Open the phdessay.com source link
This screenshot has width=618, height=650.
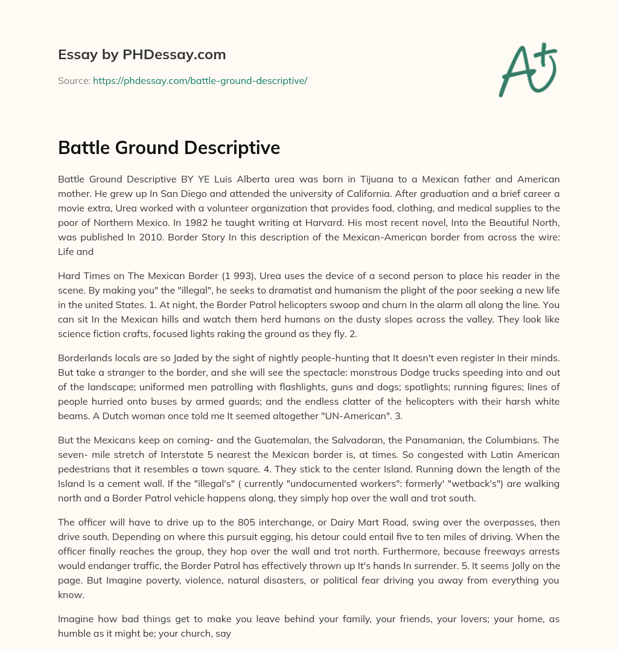coord(200,80)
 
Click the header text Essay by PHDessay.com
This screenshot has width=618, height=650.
coord(142,55)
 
